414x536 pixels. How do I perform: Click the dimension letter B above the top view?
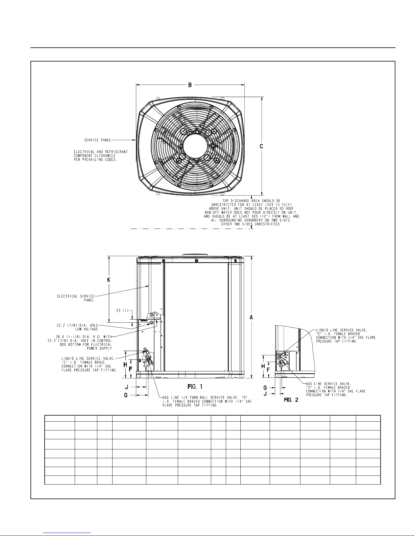(190, 85)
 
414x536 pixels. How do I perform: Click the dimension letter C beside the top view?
(262, 146)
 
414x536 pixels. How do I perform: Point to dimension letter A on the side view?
(251, 318)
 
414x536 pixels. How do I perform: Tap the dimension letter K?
(109, 280)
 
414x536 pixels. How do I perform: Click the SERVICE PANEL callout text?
(98, 140)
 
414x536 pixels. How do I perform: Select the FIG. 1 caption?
(195, 387)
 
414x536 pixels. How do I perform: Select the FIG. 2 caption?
(291, 400)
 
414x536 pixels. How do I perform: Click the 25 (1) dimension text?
(122, 310)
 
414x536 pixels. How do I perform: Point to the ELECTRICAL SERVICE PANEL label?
(76, 298)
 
